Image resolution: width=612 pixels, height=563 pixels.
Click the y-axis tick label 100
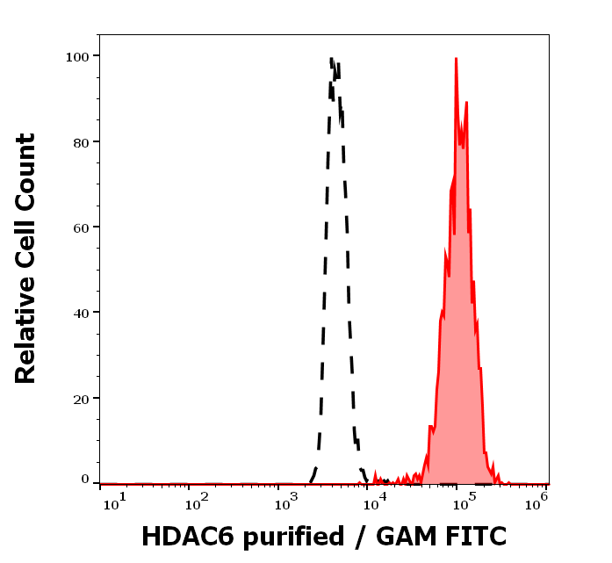pos(77,56)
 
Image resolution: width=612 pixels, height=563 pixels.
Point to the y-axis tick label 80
pos(81,141)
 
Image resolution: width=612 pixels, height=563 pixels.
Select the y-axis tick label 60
pos(81,227)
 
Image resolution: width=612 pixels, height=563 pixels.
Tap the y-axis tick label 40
pos(81,313)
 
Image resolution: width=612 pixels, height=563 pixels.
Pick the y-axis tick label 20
pos(81,398)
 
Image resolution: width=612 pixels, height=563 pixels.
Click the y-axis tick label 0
pos(85,480)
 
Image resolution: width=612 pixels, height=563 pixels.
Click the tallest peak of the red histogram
pos(456,60)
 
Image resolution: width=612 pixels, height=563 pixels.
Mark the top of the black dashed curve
pos(332,59)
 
